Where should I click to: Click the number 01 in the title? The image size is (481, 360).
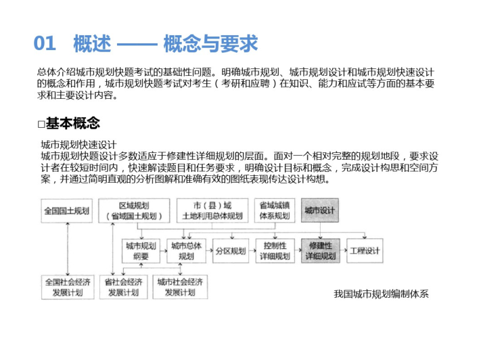tap(45, 43)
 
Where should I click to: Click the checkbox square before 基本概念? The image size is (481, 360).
tap(41, 124)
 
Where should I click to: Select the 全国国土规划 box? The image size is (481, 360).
tap(66, 210)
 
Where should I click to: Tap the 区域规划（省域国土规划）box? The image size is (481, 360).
tap(134, 210)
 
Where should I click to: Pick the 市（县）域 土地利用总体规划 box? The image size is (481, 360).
tap(212, 210)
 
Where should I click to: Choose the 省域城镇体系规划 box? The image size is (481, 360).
tap(275, 210)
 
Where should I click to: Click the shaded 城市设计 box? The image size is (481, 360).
tap(320, 210)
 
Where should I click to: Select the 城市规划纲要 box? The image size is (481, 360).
tap(141, 251)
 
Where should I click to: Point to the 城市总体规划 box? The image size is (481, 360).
tap(186, 251)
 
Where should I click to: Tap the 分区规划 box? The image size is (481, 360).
tap(231, 251)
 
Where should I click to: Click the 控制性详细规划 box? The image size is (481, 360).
tap(275, 251)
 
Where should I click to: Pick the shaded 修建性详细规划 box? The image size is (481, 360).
tap(321, 251)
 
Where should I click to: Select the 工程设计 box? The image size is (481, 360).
tap(365, 251)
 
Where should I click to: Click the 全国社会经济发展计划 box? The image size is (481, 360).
tap(68, 287)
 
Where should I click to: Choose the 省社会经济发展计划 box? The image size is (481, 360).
tap(124, 287)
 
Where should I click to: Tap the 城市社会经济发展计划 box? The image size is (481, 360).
tap(180, 287)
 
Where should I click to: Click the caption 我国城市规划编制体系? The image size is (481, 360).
tap(381, 294)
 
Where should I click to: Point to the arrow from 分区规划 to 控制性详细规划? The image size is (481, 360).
tap(252, 251)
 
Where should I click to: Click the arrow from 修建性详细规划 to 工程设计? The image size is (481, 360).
tap(343, 251)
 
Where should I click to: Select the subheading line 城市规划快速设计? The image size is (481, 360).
tap(79, 145)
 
